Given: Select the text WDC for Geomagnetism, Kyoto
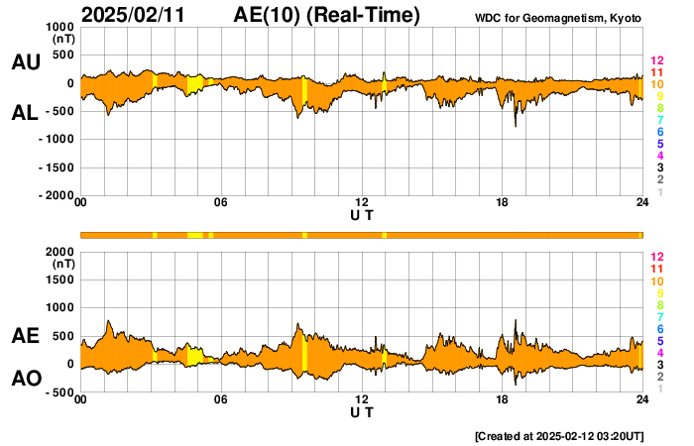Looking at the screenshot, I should [558, 18].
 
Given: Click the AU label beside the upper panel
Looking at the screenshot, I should [25, 62].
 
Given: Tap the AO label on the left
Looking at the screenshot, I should [25, 379].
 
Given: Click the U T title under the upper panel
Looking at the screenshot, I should [362, 214].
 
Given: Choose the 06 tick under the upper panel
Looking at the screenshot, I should [221, 203].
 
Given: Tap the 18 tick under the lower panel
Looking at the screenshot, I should [502, 400].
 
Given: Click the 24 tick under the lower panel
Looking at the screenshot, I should [642, 400].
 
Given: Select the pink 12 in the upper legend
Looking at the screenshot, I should [655, 61].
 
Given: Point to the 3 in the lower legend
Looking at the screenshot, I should [659, 365].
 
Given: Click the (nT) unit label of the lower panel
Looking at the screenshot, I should [63, 265].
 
